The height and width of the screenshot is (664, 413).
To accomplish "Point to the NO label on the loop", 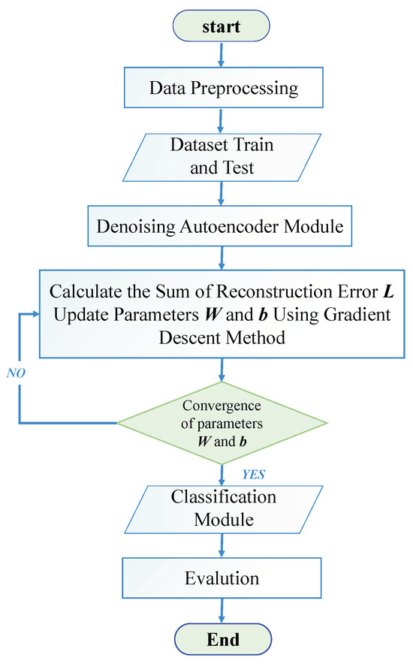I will [x=17, y=372].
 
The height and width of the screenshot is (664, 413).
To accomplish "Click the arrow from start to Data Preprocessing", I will [x=221, y=53].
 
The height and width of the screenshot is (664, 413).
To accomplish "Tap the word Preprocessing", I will [x=251, y=88].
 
